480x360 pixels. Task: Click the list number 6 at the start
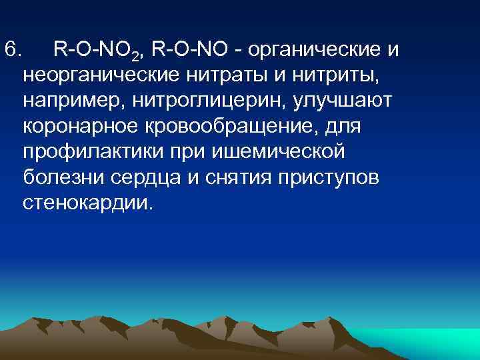coord(13,49)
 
